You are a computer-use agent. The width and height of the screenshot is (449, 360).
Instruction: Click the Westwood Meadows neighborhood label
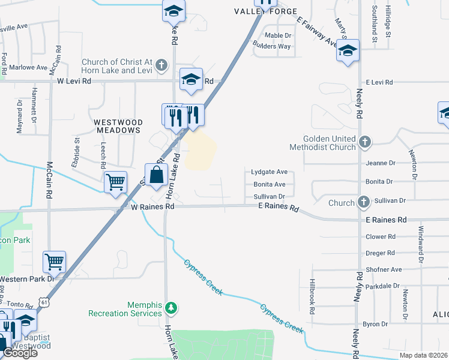[x=117, y=125]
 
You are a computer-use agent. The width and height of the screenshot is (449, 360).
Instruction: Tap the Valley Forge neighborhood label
[x=266, y=11]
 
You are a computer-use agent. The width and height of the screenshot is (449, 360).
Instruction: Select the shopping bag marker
[x=156, y=175]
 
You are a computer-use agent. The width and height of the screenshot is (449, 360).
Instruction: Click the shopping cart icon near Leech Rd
[x=115, y=182]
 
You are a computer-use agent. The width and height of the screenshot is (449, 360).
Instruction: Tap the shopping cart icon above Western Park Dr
[x=54, y=262]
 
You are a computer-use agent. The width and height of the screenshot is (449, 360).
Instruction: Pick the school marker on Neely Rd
[x=348, y=50]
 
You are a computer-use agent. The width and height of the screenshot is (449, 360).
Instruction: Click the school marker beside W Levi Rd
[x=191, y=79]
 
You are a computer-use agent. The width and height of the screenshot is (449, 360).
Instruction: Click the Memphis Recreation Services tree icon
[x=172, y=308]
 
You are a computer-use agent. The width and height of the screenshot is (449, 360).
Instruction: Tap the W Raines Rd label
[x=152, y=206]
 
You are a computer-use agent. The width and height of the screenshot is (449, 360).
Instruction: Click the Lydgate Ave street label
[x=269, y=172]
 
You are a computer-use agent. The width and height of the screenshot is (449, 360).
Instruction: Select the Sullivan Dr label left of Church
[x=268, y=196]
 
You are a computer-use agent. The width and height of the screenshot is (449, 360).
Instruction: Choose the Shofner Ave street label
[x=384, y=269]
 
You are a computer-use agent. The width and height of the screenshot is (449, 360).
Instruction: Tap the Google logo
[x=20, y=352]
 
